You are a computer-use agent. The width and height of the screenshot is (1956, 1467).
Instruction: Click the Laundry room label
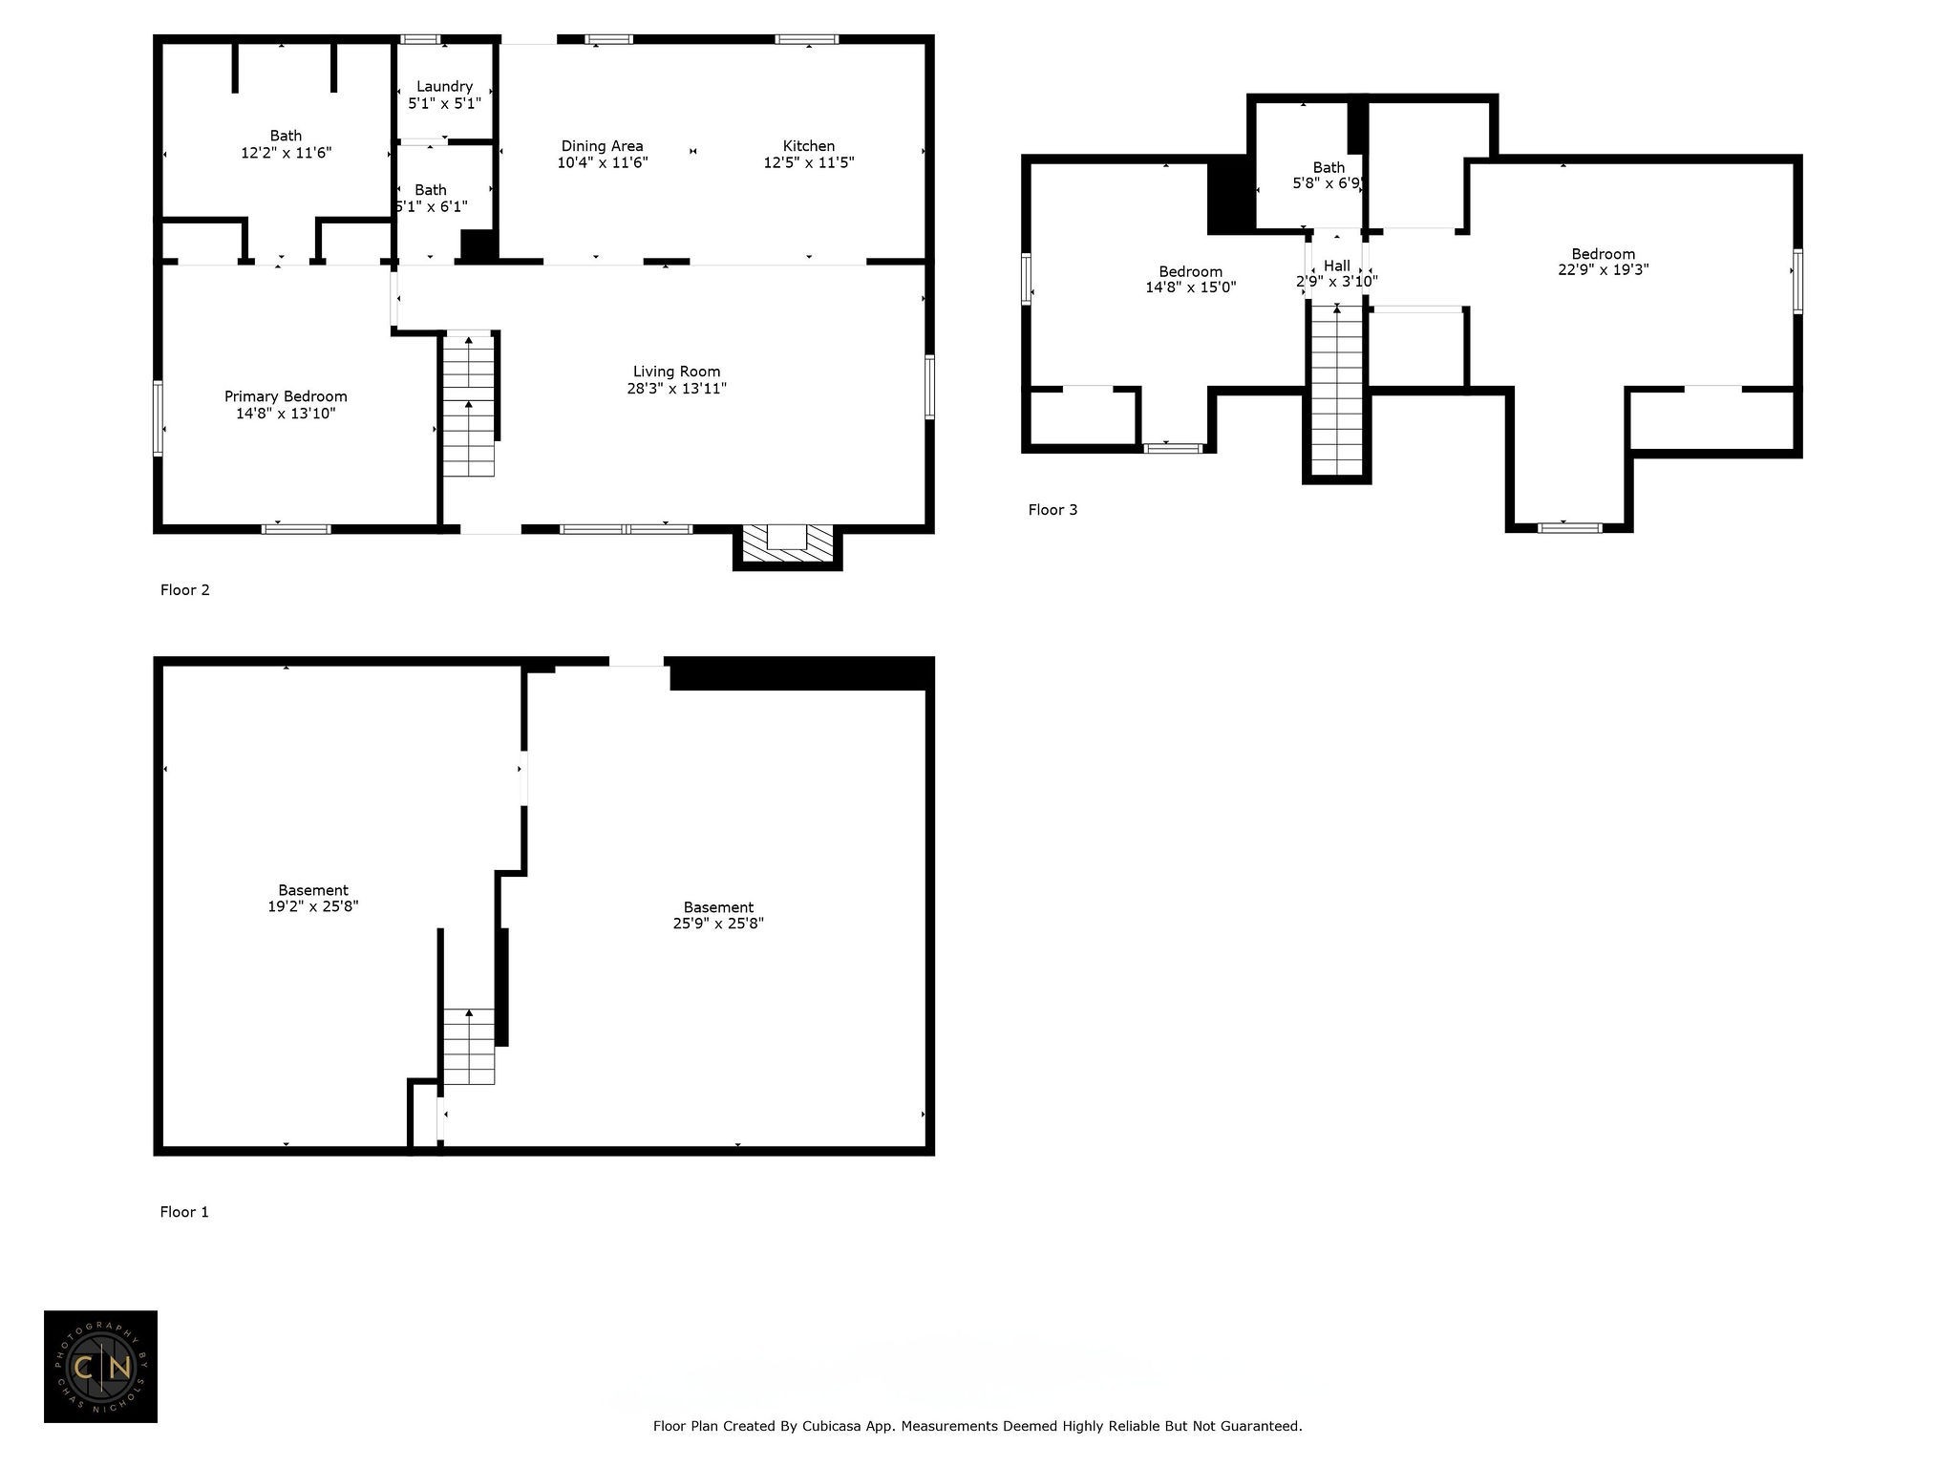[x=444, y=95]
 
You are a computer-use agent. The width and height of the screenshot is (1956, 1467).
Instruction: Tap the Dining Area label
[x=602, y=154]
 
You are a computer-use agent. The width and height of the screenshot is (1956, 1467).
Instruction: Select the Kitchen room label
[x=809, y=154]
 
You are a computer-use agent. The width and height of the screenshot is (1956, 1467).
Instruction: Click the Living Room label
[x=677, y=379]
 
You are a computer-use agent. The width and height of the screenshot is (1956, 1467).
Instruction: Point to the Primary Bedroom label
[x=286, y=405]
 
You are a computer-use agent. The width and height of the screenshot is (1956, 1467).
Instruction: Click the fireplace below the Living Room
[x=788, y=546]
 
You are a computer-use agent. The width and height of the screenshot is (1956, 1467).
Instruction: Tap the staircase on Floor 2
[x=469, y=405]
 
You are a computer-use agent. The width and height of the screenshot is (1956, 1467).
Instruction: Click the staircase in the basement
[x=469, y=1046]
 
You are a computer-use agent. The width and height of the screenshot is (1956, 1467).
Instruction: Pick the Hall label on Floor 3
[x=1337, y=273]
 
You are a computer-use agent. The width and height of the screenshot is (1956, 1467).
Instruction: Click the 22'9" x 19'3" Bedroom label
[x=1604, y=262]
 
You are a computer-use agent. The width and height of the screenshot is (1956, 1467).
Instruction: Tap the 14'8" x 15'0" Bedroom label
[x=1191, y=279]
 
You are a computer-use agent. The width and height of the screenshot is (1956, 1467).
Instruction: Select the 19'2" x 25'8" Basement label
[x=313, y=898]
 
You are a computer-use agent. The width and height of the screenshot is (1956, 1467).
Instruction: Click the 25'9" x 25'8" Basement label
[x=718, y=915]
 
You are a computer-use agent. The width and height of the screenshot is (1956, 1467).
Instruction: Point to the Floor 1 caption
[x=184, y=1212]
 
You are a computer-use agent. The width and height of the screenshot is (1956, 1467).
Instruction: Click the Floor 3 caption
[x=1052, y=510]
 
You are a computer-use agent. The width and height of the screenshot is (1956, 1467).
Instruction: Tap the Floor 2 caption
[x=184, y=590]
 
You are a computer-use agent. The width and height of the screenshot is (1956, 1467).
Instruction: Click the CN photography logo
[x=100, y=1367]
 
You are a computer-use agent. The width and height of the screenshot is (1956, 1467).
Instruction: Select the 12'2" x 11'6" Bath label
[x=286, y=144]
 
